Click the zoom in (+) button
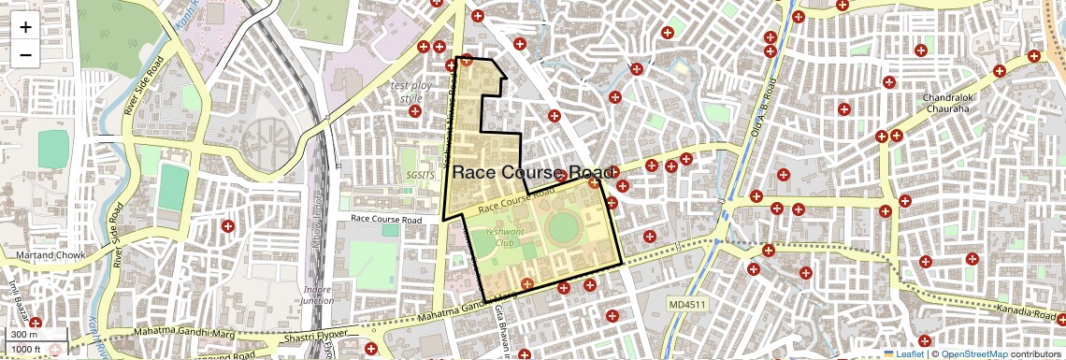pyautogui.click(x=25, y=27)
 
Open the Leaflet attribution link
pyautogui.click(x=903, y=354)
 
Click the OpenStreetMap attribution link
pyautogui.click(x=973, y=354)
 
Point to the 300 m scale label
pyautogui.click(x=25, y=335)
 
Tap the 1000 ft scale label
pyautogui.click(x=28, y=350)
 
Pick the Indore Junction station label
pyautogui.click(x=318, y=295)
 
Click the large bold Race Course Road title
pyautogui.click(x=533, y=173)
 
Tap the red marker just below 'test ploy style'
pyautogui.click(x=415, y=111)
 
